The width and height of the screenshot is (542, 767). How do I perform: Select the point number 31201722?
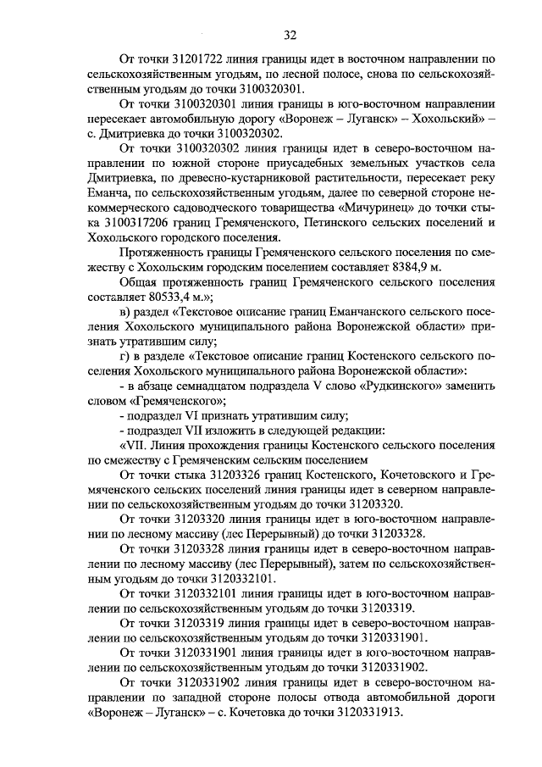pos(201,60)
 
